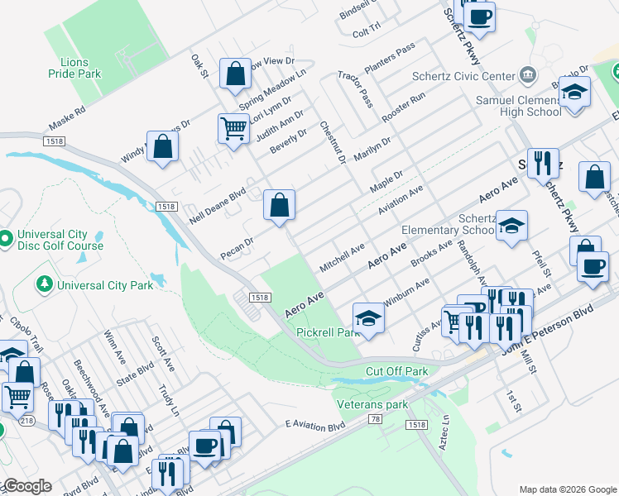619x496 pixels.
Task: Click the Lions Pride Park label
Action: tap(80, 68)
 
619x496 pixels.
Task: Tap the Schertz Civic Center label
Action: tap(463, 76)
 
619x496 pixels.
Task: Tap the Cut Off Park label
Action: tap(396, 371)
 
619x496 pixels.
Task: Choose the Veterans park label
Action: tap(373, 404)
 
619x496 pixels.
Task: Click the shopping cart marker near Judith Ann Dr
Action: tap(234, 128)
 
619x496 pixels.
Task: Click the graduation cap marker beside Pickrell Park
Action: tap(368, 317)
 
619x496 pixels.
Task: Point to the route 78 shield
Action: tap(376, 420)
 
